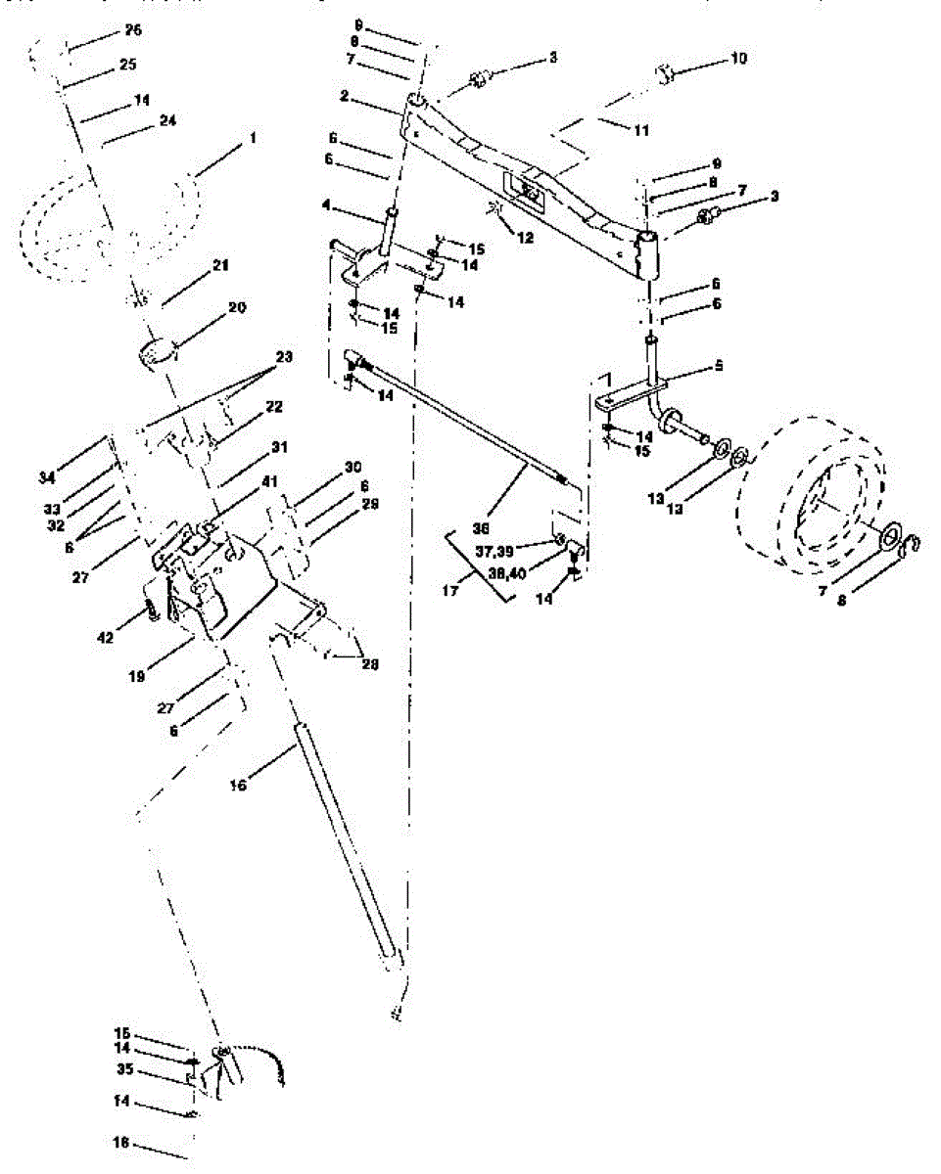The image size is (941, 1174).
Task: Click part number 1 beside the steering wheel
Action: pyautogui.click(x=253, y=139)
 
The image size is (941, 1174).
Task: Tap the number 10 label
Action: pyautogui.click(x=737, y=59)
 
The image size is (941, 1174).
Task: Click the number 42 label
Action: pyautogui.click(x=106, y=637)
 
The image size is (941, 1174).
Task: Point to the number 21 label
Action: pyautogui.click(x=219, y=266)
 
